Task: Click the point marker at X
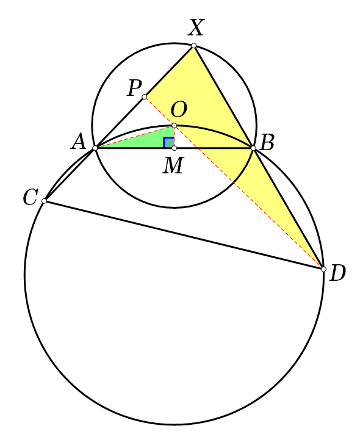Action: pyautogui.click(x=193, y=46)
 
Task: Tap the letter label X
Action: pyautogui.click(x=196, y=27)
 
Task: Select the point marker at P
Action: pyautogui.click(x=145, y=96)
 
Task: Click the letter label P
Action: pyautogui.click(x=135, y=88)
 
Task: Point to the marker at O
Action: pyautogui.click(x=174, y=125)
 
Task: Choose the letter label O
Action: pyautogui.click(x=179, y=109)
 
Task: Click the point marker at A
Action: pyautogui.click(x=95, y=148)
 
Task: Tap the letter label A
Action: pyautogui.click(x=79, y=142)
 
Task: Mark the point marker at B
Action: pyautogui.click(x=253, y=148)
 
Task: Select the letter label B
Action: pyautogui.click(x=267, y=142)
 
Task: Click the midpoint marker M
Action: pyautogui.click(x=174, y=148)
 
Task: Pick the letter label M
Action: pyautogui.click(x=173, y=165)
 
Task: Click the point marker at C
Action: pyautogui.click(x=44, y=201)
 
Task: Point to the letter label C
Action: pyautogui.click(x=30, y=197)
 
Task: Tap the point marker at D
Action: pyautogui.click(x=323, y=269)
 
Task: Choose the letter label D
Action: pyautogui.click(x=337, y=273)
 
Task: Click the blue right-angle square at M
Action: pyautogui.click(x=168, y=142)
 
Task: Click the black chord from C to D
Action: pyautogui.click(x=184, y=235)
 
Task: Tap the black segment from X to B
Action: pyautogui.click(x=223, y=96)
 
